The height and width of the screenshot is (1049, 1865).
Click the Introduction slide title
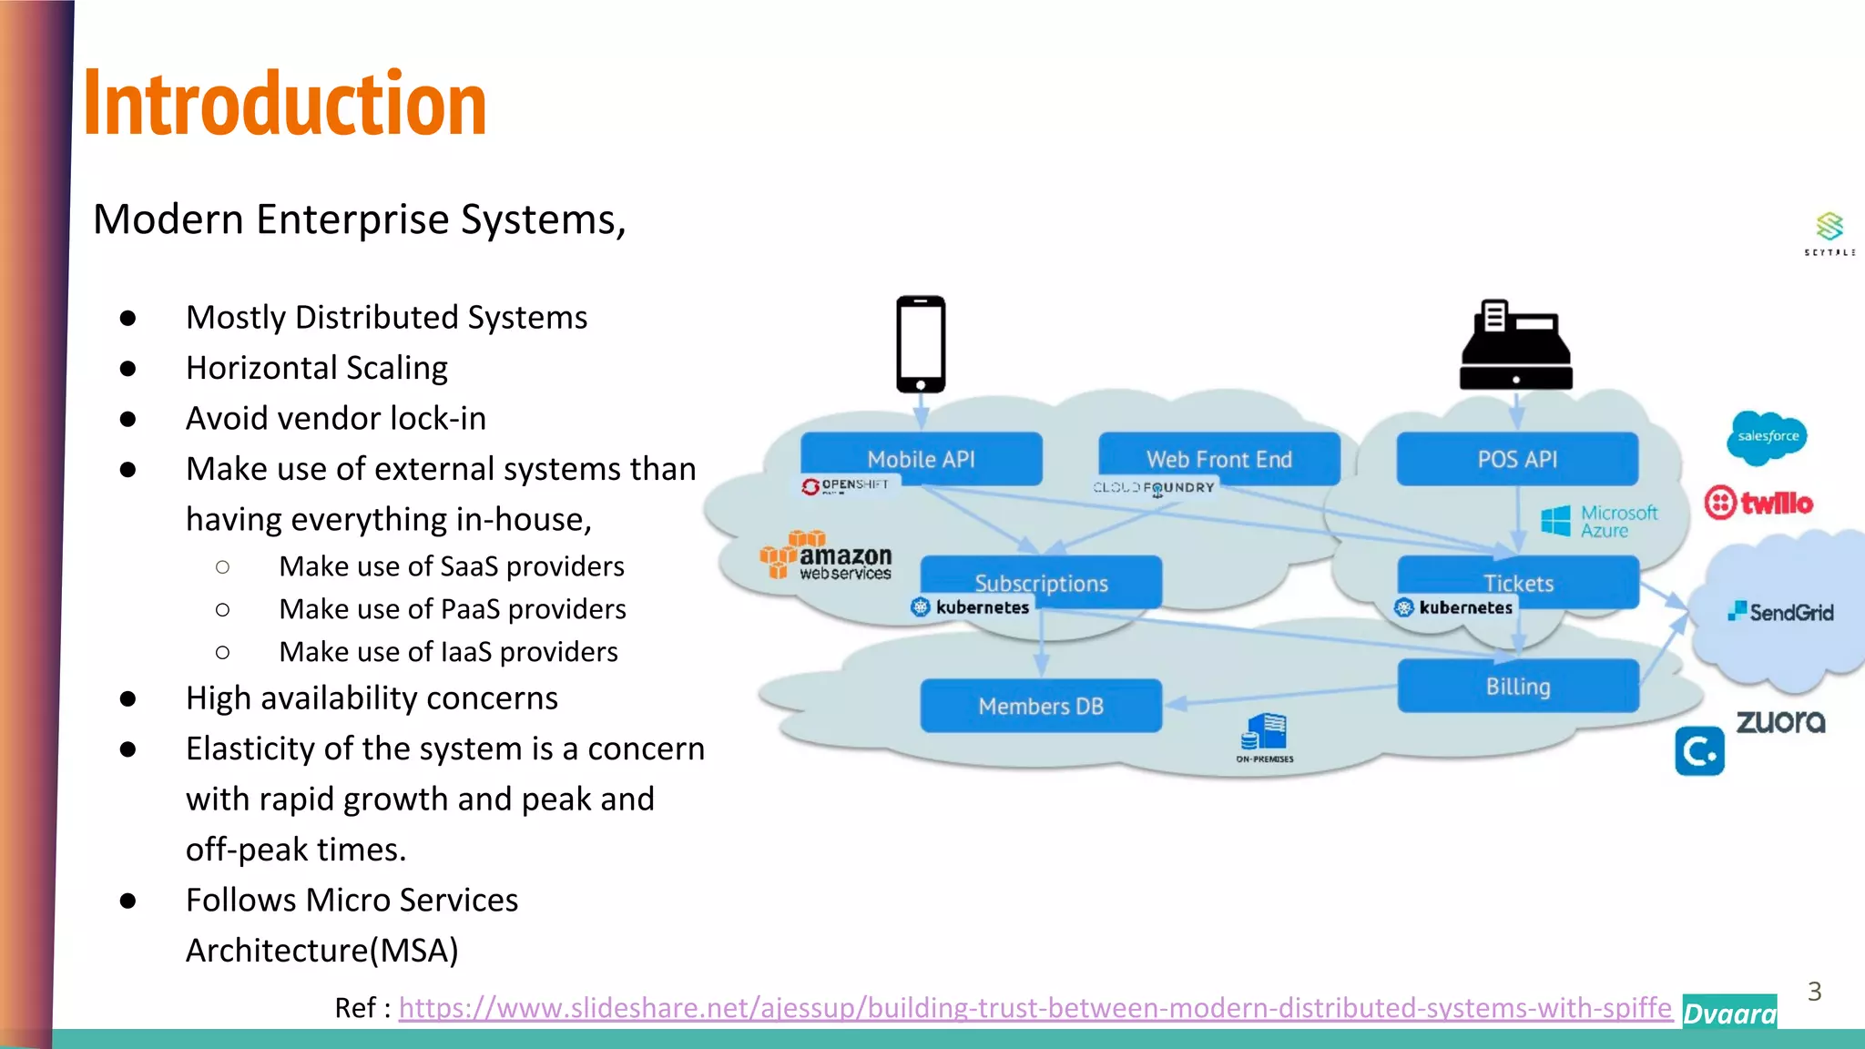285,104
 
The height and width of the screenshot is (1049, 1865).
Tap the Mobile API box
921,459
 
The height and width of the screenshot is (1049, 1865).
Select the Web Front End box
1218,459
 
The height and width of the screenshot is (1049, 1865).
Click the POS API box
1517,459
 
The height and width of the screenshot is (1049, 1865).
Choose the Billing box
1518,686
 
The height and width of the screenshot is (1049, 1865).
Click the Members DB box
1041,706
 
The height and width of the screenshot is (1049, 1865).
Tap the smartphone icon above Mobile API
921,344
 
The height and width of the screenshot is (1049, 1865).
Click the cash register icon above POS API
1516,346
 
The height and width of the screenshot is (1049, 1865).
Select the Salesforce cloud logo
1767,436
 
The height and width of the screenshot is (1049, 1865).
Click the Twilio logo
1758,503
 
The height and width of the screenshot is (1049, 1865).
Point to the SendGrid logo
1781,612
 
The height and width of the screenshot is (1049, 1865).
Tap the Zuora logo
1780,722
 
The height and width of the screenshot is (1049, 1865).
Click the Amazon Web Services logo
826,556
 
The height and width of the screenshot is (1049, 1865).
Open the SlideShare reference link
1035,1008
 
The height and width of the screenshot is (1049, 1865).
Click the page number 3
1814,992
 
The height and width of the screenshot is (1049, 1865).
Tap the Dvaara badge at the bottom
1729,1013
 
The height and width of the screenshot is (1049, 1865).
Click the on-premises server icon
1265,735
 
